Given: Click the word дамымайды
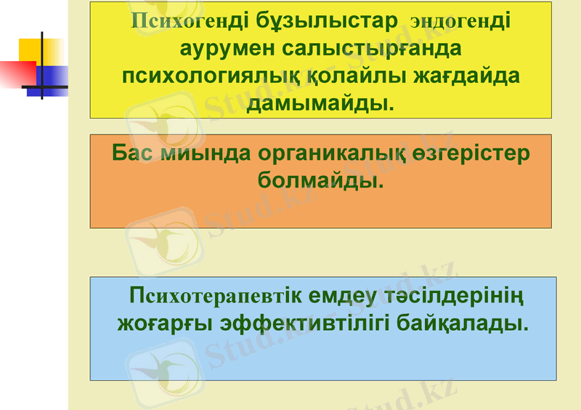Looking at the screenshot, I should (320, 103).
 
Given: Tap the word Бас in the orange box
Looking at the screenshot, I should (133, 153).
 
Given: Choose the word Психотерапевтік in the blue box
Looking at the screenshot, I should (215, 296).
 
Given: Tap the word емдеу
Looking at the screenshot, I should (344, 296).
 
